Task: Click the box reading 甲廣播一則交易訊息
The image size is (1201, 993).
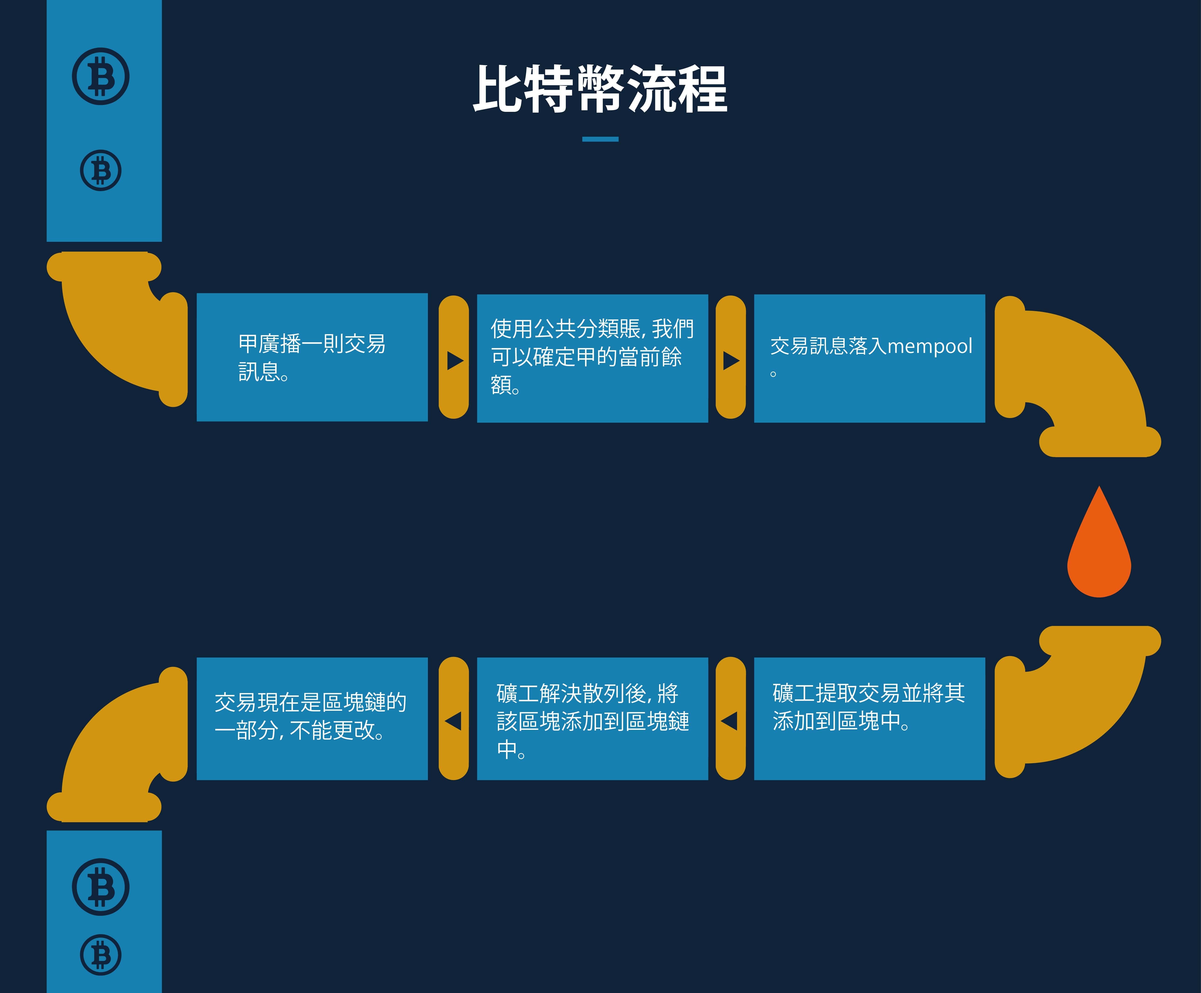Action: pyautogui.click(x=312, y=358)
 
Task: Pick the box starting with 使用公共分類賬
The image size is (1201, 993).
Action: pyautogui.click(x=592, y=359)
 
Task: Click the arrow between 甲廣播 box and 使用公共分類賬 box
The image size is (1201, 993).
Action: pyautogui.click(x=455, y=360)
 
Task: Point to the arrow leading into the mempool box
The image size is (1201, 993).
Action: pyautogui.click(x=731, y=360)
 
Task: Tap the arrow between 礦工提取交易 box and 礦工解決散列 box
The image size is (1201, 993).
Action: pyautogui.click(x=729, y=721)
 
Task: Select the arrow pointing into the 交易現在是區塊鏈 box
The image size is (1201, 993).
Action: pyautogui.click(x=453, y=721)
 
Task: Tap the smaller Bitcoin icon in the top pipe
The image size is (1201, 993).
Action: pyautogui.click(x=101, y=170)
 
